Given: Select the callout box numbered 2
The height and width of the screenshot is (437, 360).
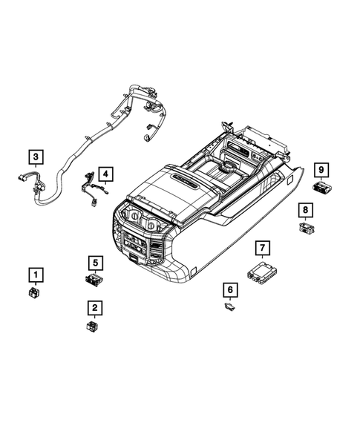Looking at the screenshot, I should (x=94, y=306).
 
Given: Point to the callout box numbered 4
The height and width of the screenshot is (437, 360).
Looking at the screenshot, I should (x=108, y=174).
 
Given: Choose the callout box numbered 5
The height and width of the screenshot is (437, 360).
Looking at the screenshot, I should (x=94, y=261).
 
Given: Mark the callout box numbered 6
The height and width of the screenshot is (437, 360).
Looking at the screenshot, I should (x=230, y=289).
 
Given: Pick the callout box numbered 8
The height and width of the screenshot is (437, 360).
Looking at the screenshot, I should (x=305, y=210).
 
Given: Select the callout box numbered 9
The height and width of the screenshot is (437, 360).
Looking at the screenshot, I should (x=322, y=170).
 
